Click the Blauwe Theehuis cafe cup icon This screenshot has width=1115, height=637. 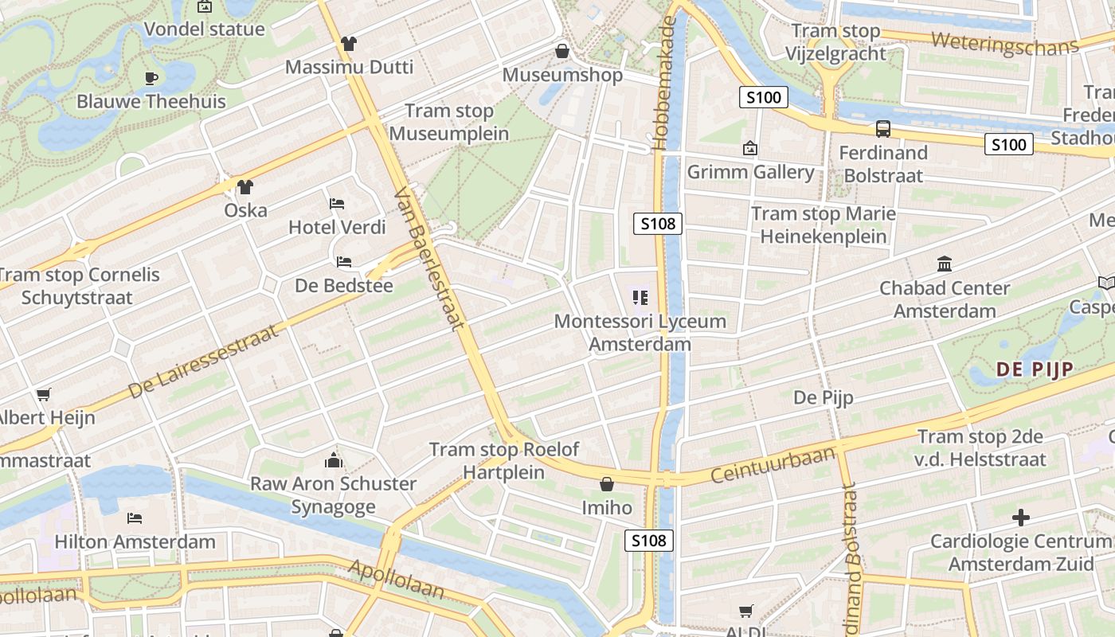[151, 78]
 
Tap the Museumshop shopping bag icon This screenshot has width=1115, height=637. [562, 52]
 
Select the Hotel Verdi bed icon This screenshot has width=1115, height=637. [337, 204]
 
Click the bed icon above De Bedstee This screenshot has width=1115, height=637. [344, 261]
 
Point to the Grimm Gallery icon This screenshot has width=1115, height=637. [749, 148]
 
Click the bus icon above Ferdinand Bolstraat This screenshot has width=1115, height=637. [882, 128]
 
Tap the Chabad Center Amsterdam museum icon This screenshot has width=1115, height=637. [945, 264]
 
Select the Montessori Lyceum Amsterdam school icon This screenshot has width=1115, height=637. [640, 298]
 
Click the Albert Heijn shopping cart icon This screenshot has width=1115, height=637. [44, 394]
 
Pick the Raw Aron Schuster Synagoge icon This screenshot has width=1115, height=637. [333, 460]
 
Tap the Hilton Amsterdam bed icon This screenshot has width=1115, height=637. [135, 518]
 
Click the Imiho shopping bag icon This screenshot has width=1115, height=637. [606, 484]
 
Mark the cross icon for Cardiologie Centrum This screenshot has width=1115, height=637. [1020, 518]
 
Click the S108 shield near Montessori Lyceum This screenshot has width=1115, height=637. [659, 224]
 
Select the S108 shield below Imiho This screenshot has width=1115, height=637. [648, 541]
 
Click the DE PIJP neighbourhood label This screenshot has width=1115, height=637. [1035, 369]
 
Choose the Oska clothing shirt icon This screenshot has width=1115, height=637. [245, 187]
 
